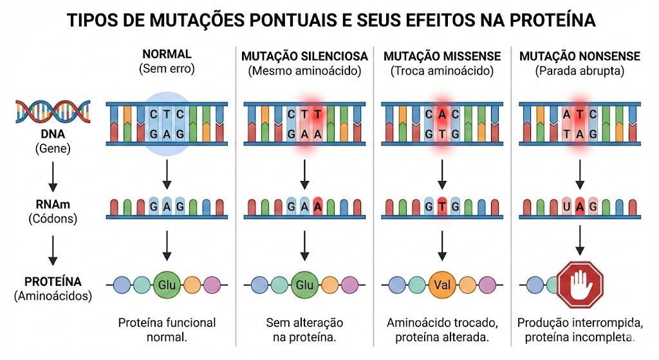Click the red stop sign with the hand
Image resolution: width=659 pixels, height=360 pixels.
(580, 285)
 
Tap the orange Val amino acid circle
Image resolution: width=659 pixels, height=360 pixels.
(442, 285)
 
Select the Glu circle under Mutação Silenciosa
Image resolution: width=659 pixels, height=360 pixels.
(304, 285)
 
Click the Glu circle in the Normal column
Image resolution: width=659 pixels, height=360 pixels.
(167, 285)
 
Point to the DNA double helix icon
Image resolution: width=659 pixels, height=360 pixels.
(53, 111)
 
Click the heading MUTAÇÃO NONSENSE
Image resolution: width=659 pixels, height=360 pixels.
(580, 56)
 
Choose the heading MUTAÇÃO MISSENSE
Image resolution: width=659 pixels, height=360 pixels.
(442, 56)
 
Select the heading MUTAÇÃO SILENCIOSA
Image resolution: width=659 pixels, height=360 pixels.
(304, 56)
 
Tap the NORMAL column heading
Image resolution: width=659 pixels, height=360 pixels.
(167, 54)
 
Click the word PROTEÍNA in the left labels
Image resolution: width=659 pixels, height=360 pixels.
(53, 281)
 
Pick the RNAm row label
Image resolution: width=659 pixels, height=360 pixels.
(53, 204)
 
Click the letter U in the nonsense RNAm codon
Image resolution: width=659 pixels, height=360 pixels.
(566, 207)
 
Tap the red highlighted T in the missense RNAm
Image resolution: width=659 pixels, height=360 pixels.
(442, 207)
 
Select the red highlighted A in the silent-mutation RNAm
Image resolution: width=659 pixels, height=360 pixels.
(318, 207)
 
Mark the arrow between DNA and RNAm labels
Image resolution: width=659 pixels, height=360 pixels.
(53, 176)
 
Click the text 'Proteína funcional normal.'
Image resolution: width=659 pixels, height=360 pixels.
(167, 330)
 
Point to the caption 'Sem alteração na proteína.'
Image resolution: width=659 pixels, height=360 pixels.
(304, 330)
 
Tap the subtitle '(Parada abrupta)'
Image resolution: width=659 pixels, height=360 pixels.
(580, 71)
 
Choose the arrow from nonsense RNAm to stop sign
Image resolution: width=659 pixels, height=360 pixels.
(580, 240)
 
